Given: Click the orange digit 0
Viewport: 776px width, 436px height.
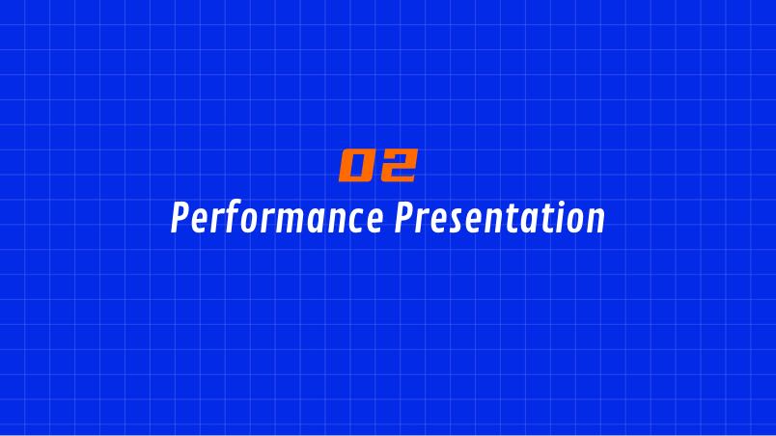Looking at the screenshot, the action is [x=356, y=165].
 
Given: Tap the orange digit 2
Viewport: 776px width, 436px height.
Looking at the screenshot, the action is [x=398, y=165].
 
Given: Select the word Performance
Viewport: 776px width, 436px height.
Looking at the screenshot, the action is [x=277, y=217].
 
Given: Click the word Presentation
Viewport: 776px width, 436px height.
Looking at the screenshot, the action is [x=499, y=217].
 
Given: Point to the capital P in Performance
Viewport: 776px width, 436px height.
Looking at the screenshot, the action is [x=180, y=217].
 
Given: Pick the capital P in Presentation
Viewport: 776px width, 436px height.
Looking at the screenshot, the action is [x=403, y=217].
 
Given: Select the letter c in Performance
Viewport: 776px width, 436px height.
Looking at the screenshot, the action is [x=356, y=222].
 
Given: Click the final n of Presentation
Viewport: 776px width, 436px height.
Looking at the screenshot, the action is [x=596, y=222].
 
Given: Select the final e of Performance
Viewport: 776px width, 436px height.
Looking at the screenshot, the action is [x=374, y=222].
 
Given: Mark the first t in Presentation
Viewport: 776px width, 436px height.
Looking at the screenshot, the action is [x=505, y=219].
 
